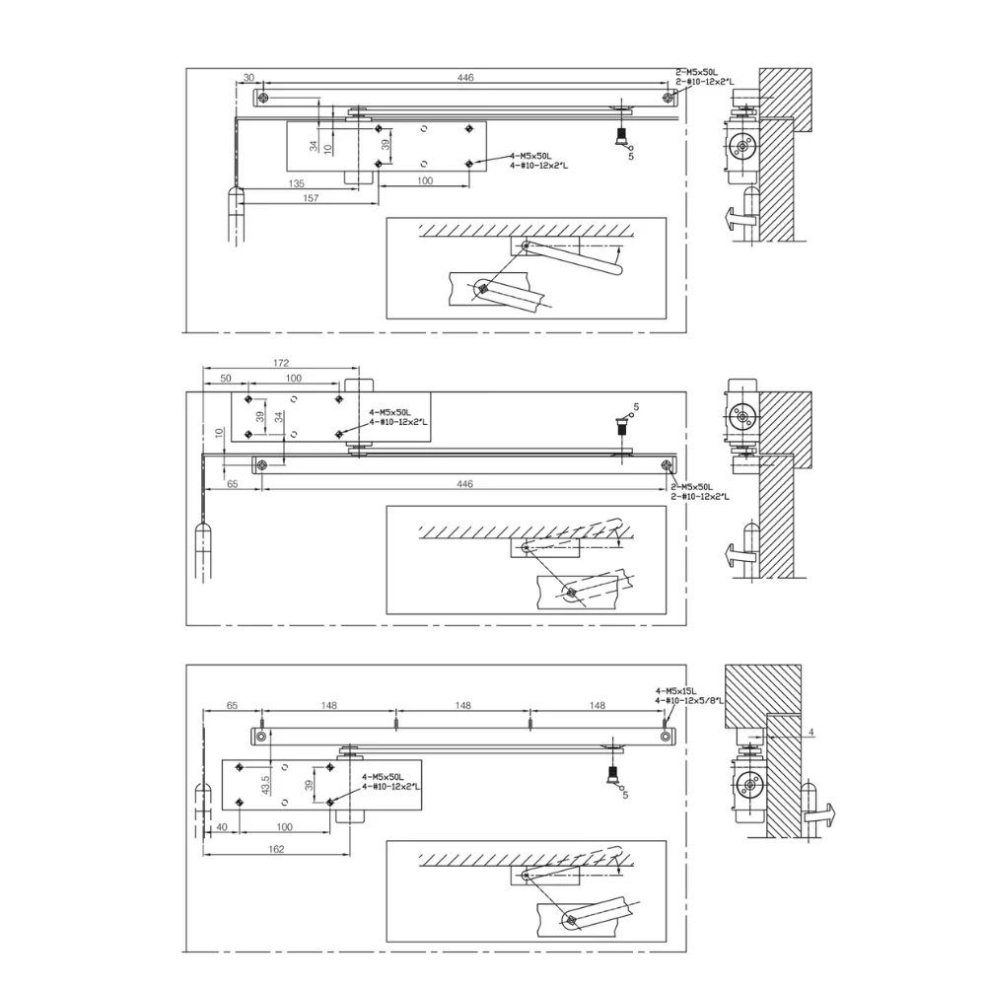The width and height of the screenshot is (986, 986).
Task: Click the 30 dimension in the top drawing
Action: pyautogui.click(x=249, y=77)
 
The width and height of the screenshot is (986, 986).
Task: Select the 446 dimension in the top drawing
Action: pyautogui.click(x=465, y=77)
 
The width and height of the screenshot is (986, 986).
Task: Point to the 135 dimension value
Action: pyautogui.click(x=296, y=183)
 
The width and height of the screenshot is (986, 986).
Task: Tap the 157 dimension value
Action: pyautogui.click(x=311, y=198)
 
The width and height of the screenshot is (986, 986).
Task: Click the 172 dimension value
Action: pyautogui.click(x=281, y=363)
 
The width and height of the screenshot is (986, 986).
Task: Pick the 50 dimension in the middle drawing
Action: pyautogui.click(x=226, y=379)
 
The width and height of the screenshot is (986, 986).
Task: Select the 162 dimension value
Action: pyautogui.click(x=276, y=849)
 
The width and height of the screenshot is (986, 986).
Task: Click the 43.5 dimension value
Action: pyautogui.click(x=265, y=785)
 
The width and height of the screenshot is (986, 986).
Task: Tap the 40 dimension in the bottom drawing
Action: pyautogui.click(x=221, y=827)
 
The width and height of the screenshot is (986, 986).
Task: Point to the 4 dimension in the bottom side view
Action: pyautogui.click(x=811, y=733)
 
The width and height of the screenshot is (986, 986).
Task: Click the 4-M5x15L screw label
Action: pyautogui.click(x=676, y=690)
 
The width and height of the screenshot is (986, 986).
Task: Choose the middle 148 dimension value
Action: pyautogui.click(x=462, y=706)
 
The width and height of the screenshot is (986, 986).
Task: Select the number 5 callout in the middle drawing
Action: pyautogui.click(x=636, y=407)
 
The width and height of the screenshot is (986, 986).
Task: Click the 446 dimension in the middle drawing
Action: pyautogui.click(x=464, y=483)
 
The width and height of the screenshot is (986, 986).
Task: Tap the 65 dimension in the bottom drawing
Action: pyautogui.click(x=232, y=706)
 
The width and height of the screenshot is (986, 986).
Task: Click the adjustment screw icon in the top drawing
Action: pyautogui.click(x=622, y=136)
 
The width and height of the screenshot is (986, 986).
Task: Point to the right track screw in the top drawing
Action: pyautogui.click(x=668, y=98)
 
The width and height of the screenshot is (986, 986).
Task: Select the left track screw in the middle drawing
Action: pyautogui.click(x=262, y=465)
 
